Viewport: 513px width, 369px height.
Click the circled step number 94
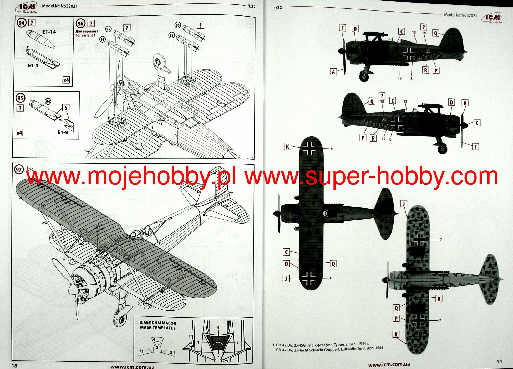[x=22, y=23]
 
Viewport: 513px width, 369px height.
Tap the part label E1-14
[x=49, y=32]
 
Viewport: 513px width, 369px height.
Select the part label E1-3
[x=33, y=65]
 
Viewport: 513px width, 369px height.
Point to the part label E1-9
[x=63, y=132]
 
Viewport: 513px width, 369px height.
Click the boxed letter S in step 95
[x=66, y=107]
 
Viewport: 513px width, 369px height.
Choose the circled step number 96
[x=80, y=24]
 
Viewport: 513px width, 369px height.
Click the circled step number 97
[x=19, y=170]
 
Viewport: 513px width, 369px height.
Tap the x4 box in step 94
[x=66, y=80]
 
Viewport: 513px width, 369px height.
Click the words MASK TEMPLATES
[x=158, y=328]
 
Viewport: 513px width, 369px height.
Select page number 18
[x=14, y=366]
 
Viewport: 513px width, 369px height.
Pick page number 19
[x=499, y=362]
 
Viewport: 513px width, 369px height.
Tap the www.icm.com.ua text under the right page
[x=389, y=365]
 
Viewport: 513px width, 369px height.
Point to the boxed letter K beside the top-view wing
[x=287, y=147]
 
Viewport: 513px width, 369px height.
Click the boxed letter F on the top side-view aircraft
[x=342, y=28]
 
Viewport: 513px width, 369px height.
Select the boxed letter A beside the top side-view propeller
[x=333, y=72]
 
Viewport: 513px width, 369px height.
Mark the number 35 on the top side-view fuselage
[x=428, y=51]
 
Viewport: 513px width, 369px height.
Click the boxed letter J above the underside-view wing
[x=404, y=204]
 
